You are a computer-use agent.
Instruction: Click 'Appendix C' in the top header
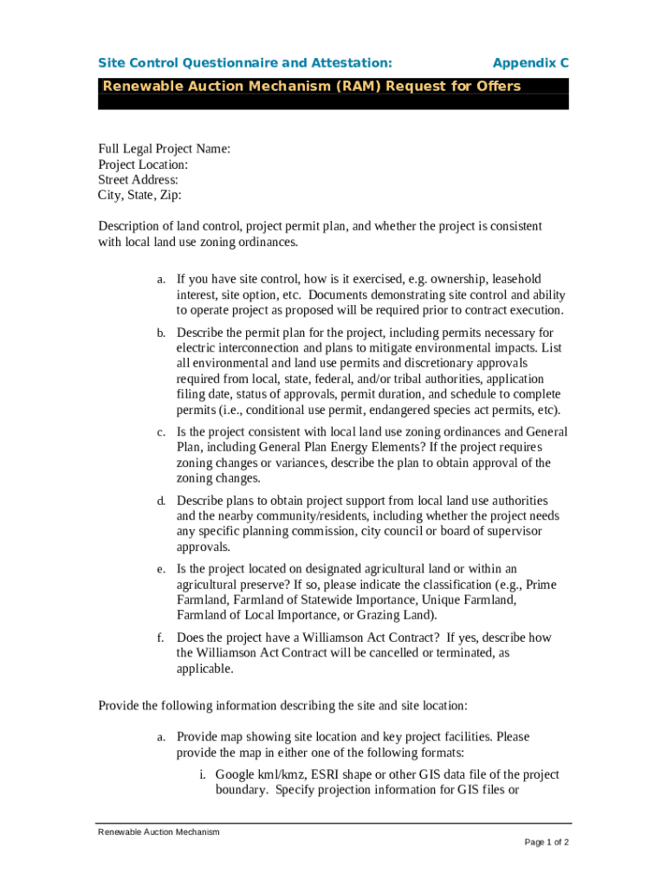point(530,63)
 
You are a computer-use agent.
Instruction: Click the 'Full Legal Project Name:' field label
point(165,149)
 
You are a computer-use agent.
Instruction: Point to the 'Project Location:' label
point(143,165)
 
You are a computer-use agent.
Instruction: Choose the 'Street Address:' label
point(139,180)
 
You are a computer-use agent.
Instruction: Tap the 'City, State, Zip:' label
point(140,196)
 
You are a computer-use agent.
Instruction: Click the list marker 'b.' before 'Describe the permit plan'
point(161,333)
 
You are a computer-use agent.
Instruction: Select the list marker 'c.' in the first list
point(161,432)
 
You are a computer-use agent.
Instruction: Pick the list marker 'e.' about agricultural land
point(161,569)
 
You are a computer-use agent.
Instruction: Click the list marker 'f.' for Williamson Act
point(161,638)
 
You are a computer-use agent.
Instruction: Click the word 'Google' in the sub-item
point(236,775)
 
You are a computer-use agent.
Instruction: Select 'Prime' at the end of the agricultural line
point(541,585)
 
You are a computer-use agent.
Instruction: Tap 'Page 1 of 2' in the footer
point(547,843)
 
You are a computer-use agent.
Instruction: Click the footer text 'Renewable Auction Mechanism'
point(159,832)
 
